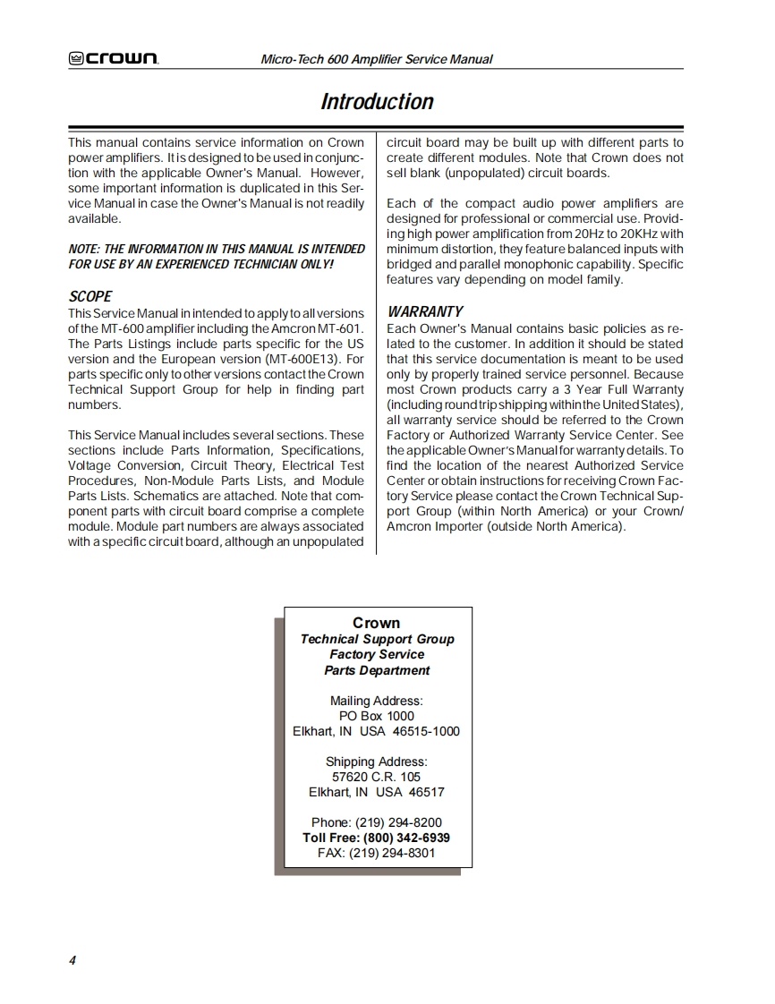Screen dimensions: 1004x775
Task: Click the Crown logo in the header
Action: [x=114, y=59]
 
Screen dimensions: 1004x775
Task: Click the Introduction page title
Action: [x=377, y=102]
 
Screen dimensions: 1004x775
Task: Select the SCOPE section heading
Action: [x=90, y=296]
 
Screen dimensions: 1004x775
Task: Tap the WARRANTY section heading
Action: [x=425, y=311]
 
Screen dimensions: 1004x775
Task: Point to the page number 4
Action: [x=72, y=960]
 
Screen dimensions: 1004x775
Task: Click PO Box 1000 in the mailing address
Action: [x=377, y=716]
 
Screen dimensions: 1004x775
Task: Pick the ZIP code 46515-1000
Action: [x=426, y=731]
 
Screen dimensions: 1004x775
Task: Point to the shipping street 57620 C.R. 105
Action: [x=376, y=777]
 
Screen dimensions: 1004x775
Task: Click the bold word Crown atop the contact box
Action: [x=377, y=623]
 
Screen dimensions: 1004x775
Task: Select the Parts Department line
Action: [x=377, y=670]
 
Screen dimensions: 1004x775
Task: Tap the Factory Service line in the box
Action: [x=377, y=654]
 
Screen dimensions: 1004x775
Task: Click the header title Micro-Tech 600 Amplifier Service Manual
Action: [x=376, y=59]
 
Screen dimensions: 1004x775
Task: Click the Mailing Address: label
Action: [x=377, y=701]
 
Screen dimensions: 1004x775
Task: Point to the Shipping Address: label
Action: [x=377, y=762]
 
